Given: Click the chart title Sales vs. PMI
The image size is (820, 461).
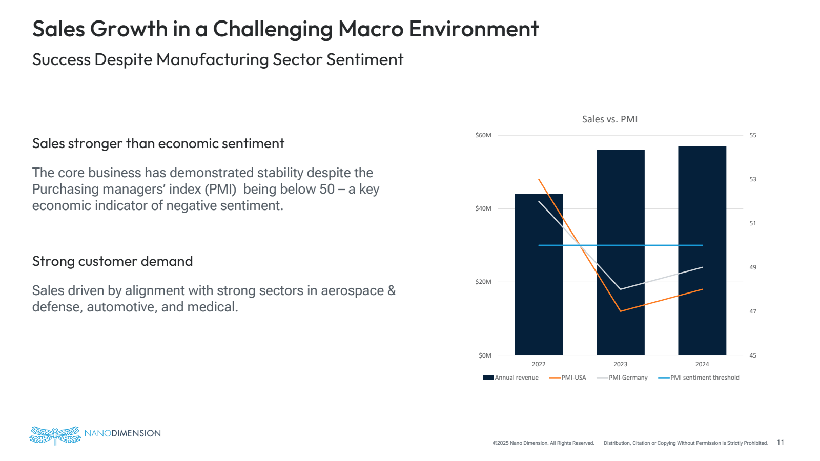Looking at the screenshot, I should click(609, 119).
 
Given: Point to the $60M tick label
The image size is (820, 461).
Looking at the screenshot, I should click(483, 135).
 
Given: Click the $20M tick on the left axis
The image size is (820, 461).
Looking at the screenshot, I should click(483, 282).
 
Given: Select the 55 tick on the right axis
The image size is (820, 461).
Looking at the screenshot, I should click(753, 135).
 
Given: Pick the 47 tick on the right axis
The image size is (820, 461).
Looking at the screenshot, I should click(753, 311).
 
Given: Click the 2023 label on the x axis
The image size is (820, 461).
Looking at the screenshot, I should click(620, 364).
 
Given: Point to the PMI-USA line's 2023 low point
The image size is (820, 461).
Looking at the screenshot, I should click(621, 311).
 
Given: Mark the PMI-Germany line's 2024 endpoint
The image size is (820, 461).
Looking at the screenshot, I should click(702, 267).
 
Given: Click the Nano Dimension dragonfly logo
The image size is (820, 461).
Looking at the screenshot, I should click(55, 435).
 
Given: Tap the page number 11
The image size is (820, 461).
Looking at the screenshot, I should click(781, 442).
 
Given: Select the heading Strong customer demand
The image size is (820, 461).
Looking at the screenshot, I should click(112, 261).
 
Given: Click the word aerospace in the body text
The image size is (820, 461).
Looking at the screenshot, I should click(352, 290).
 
